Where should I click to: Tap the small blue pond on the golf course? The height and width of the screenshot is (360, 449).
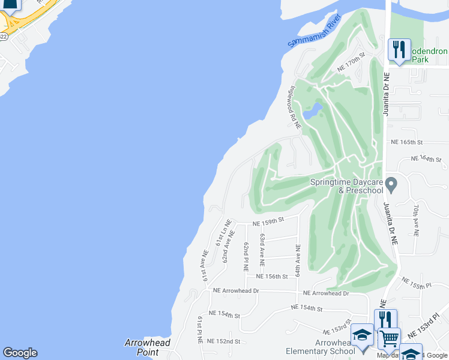pos(313,111)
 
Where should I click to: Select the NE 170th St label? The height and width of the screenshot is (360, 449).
pos(351,63)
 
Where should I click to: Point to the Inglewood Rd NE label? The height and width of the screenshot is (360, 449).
pos(295,107)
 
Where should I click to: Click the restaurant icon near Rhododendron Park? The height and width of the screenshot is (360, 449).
pos(399,49)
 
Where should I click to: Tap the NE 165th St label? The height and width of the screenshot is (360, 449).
pos(407,142)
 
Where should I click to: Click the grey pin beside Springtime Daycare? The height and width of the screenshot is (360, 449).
pos(391,184)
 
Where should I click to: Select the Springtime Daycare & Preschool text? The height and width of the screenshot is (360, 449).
pos(346,187)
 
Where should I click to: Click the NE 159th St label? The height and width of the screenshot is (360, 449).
pos(268,221)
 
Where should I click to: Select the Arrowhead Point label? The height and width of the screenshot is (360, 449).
pos(148,347)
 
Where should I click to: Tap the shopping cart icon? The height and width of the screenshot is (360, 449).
pos(390,338)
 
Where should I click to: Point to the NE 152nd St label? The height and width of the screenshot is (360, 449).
pos(223,341)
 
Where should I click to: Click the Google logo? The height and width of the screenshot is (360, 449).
pos(20,353)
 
